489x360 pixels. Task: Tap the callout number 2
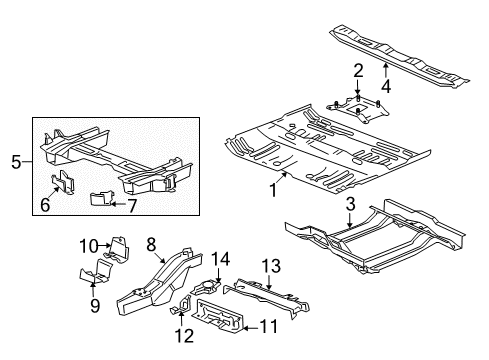pos(357,69)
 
